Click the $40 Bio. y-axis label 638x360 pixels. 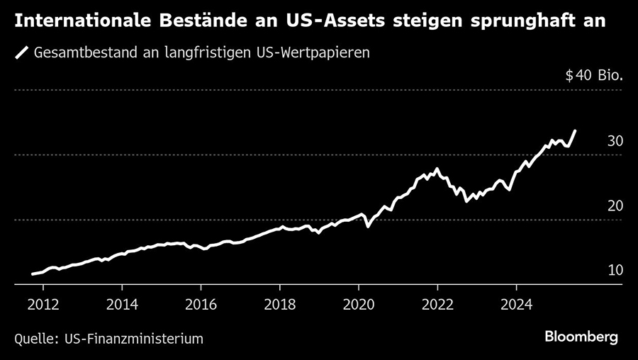[x=594, y=76]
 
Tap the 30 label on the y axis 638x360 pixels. [x=615, y=141]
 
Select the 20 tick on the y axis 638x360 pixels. [x=615, y=206]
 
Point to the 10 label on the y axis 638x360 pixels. [x=615, y=270]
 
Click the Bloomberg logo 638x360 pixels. [x=581, y=337]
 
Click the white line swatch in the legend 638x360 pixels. [x=22, y=53]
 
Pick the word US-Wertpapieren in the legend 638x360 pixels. [x=313, y=53]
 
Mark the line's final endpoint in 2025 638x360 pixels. [x=575, y=130]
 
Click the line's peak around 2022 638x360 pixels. [x=437, y=169]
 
